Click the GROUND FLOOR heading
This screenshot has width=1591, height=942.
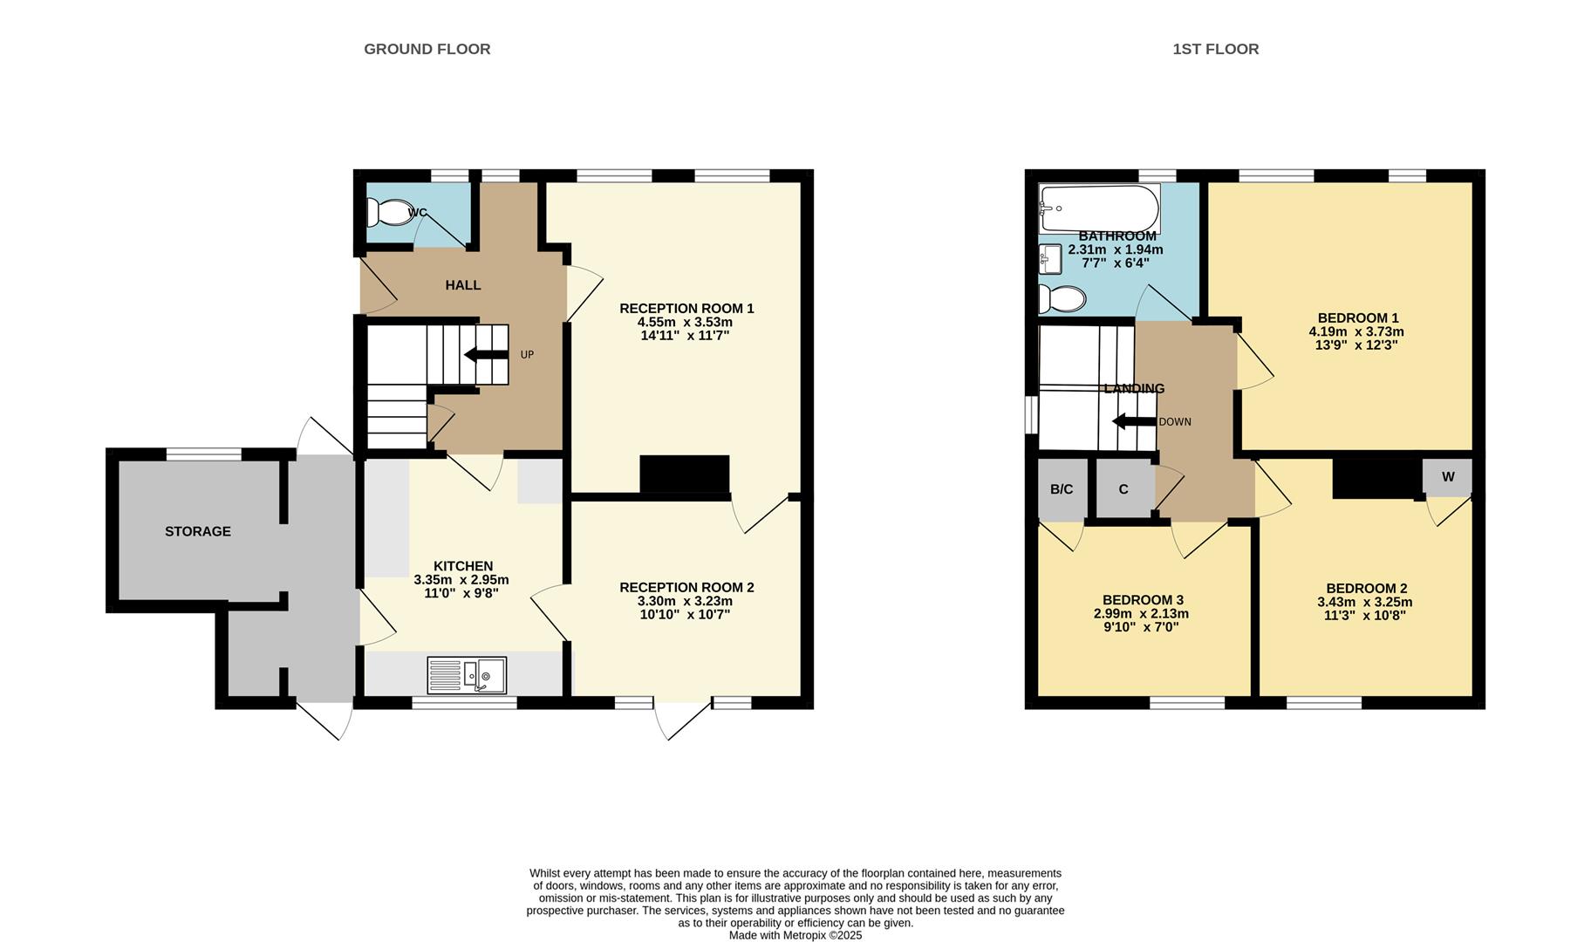click(427, 49)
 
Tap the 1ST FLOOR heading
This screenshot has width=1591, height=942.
click(1215, 49)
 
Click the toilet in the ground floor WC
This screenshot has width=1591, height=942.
click(388, 212)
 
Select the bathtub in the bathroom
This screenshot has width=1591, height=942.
click(1099, 208)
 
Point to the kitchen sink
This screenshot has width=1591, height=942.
click(484, 675)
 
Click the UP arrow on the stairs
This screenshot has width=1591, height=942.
click(487, 354)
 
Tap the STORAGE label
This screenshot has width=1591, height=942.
click(198, 531)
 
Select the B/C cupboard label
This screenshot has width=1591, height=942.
click(1062, 489)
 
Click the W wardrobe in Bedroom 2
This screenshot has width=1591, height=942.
click(1448, 477)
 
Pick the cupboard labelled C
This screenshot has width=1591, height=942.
click(1123, 489)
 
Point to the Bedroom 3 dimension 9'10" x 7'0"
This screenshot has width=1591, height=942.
click(1142, 626)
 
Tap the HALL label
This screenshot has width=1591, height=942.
click(463, 285)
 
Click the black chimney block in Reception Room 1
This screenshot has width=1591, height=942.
click(685, 474)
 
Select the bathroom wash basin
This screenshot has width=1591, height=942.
click(1050, 257)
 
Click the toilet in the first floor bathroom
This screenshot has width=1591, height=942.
click(1061, 299)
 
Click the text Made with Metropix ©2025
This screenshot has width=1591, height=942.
click(795, 935)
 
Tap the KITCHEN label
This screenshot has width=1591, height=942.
click(463, 566)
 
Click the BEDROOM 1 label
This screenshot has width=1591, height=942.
click(1358, 318)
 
